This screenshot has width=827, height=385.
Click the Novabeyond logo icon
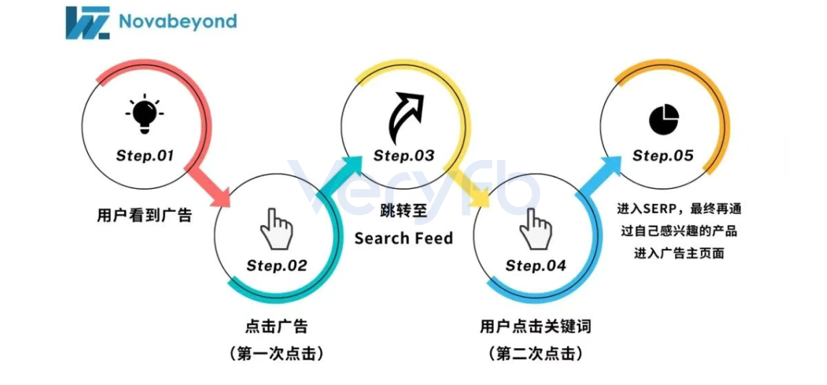(x=88, y=22)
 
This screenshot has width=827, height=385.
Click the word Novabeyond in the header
(x=177, y=22)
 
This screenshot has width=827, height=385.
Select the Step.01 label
(x=145, y=156)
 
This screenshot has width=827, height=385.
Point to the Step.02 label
(x=277, y=266)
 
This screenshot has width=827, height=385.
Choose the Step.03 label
(x=403, y=156)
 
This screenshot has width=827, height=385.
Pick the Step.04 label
(x=536, y=266)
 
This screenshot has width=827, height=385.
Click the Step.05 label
(x=663, y=156)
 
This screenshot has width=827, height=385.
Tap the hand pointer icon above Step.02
(x=277, y=229)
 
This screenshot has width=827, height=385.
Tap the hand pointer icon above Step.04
(x=535, y=229)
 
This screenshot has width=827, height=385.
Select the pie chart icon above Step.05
(x=663, y=119)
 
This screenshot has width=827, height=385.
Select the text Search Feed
(x=403, y=238)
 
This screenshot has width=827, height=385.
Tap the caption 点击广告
(x=277, y=326)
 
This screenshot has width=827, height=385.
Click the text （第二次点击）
(x=536, y=353)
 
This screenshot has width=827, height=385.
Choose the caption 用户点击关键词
(x=536, y=326)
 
